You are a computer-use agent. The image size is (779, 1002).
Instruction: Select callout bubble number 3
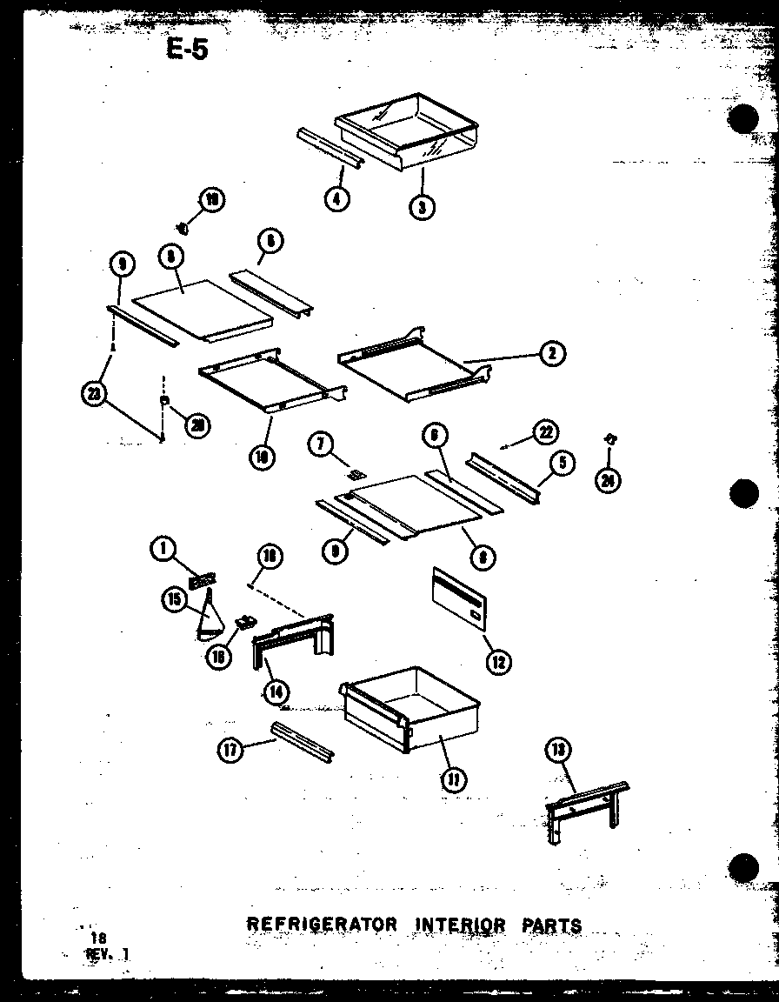(x=422, y=206)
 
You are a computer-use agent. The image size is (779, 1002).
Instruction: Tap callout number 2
(x=552, y=352)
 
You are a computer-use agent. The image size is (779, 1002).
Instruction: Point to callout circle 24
(x=609, y=479)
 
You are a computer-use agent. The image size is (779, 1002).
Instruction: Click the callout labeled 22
(x=545, y=432)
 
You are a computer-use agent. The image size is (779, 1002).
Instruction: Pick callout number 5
(x=563, y=464)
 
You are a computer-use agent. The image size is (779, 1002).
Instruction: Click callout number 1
(x=162, y=548)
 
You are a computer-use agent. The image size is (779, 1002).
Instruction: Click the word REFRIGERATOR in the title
(x=322, y=924)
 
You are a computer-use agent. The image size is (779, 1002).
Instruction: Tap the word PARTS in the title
(x=551, y=925)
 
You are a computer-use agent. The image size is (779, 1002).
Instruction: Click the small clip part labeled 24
(x=612, y=441)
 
